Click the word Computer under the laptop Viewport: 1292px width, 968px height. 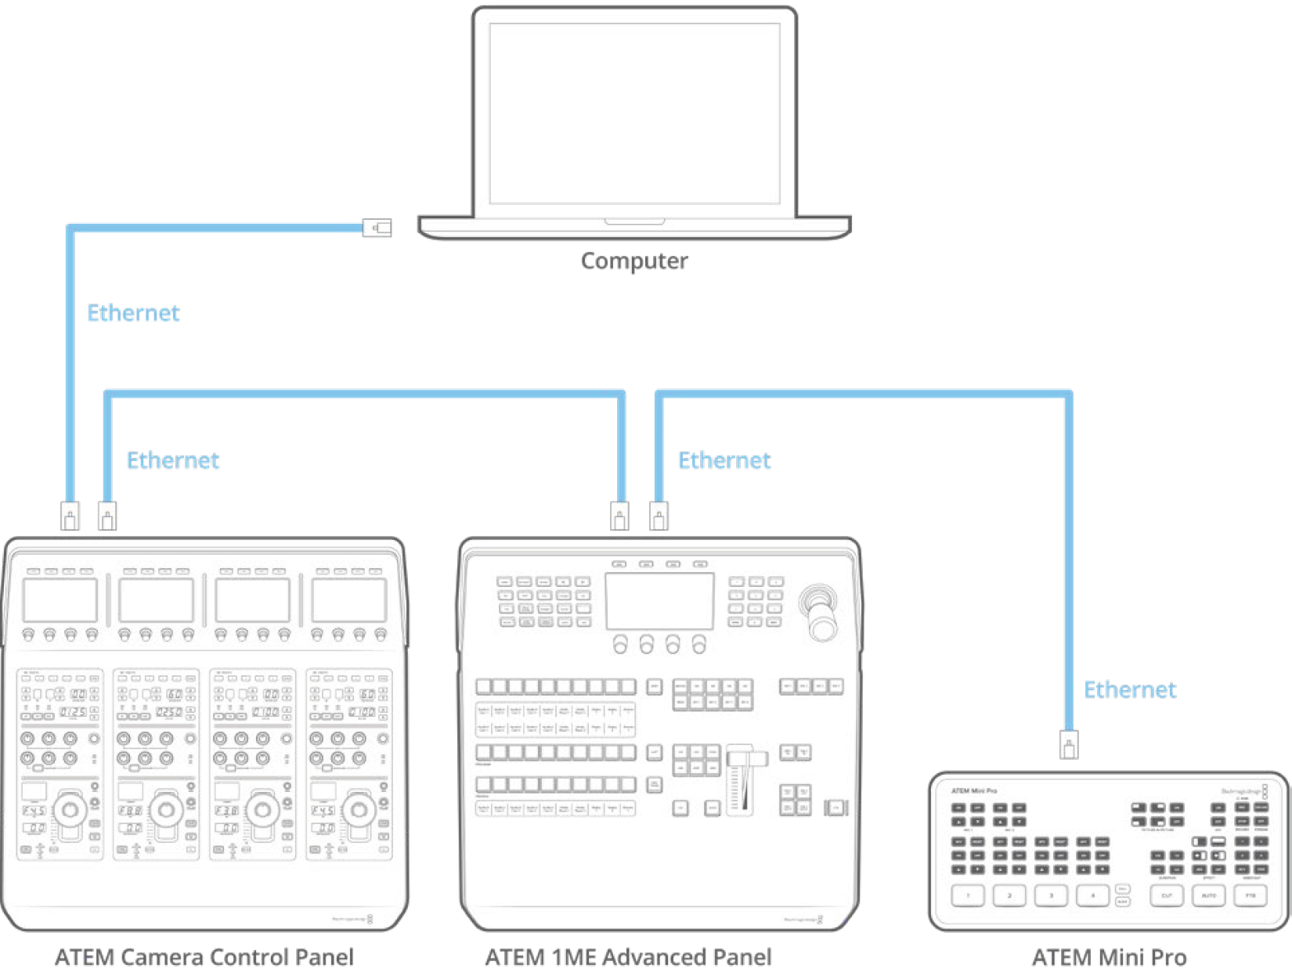634,261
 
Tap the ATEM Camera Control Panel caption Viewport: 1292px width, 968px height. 204,956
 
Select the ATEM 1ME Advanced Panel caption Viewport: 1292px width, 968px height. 628,956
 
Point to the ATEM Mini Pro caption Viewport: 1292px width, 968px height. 1109,956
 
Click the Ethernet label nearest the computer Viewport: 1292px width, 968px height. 133,313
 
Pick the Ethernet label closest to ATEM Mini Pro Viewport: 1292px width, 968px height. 1129,689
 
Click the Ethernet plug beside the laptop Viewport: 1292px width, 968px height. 377,228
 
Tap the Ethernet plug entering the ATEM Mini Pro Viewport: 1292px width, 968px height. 1069,744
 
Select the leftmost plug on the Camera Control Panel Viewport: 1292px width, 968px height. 70,516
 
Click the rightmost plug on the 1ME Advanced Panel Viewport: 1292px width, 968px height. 659,516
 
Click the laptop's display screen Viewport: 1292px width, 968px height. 634,113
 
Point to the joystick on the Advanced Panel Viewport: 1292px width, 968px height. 819,614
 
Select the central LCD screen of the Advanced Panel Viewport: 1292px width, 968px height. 659,600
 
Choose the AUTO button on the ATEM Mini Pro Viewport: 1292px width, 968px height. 1208,895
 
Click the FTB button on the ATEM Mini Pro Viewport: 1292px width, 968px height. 1250,895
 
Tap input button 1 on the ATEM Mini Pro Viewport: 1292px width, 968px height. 968,895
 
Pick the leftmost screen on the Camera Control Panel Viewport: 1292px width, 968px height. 60,600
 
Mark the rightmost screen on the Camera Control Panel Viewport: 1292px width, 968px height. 349,600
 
